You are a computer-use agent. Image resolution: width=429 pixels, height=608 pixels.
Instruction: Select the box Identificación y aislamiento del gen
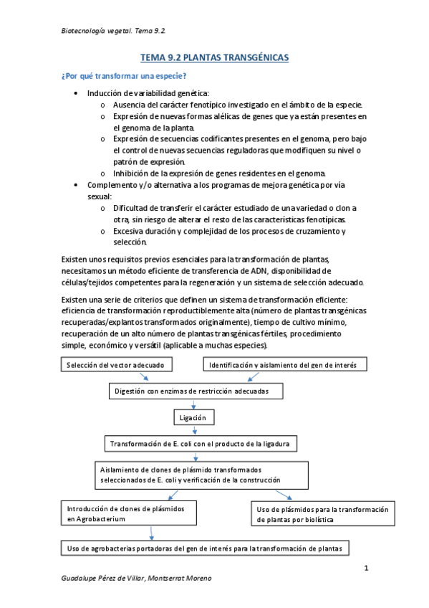click(287, 365)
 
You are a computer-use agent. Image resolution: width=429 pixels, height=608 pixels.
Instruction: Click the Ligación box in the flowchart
click(193, 417)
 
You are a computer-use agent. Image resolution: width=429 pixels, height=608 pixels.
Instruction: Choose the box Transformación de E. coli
click(200, 444)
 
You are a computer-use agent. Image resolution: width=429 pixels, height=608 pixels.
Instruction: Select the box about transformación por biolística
click(322, 513)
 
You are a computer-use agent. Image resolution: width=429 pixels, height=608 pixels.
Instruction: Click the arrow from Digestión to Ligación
click(193, 404)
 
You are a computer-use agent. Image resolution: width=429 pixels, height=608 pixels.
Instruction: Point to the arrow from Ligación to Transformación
click(196, 431)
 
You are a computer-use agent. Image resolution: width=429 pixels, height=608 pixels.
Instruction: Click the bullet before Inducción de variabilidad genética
click(77, 94)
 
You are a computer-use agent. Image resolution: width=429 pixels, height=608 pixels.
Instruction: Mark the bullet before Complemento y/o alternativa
click(77, 184)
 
